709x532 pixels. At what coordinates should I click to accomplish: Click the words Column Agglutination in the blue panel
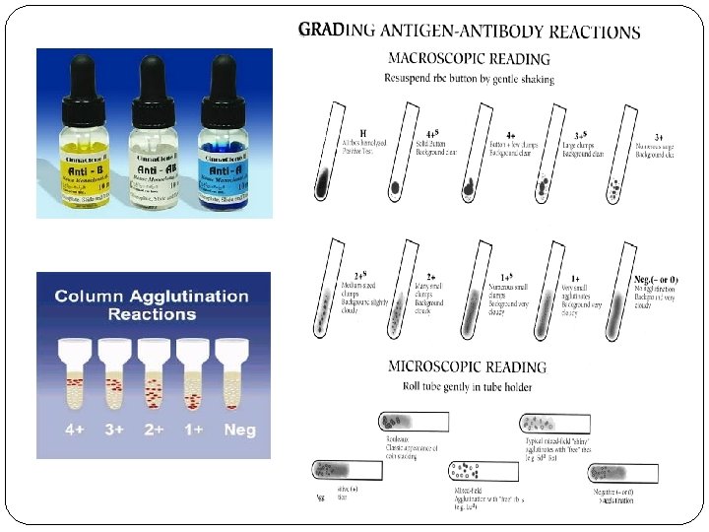152,296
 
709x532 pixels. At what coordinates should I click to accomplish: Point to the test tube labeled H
330,163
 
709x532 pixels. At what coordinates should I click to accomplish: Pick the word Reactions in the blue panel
152,314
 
